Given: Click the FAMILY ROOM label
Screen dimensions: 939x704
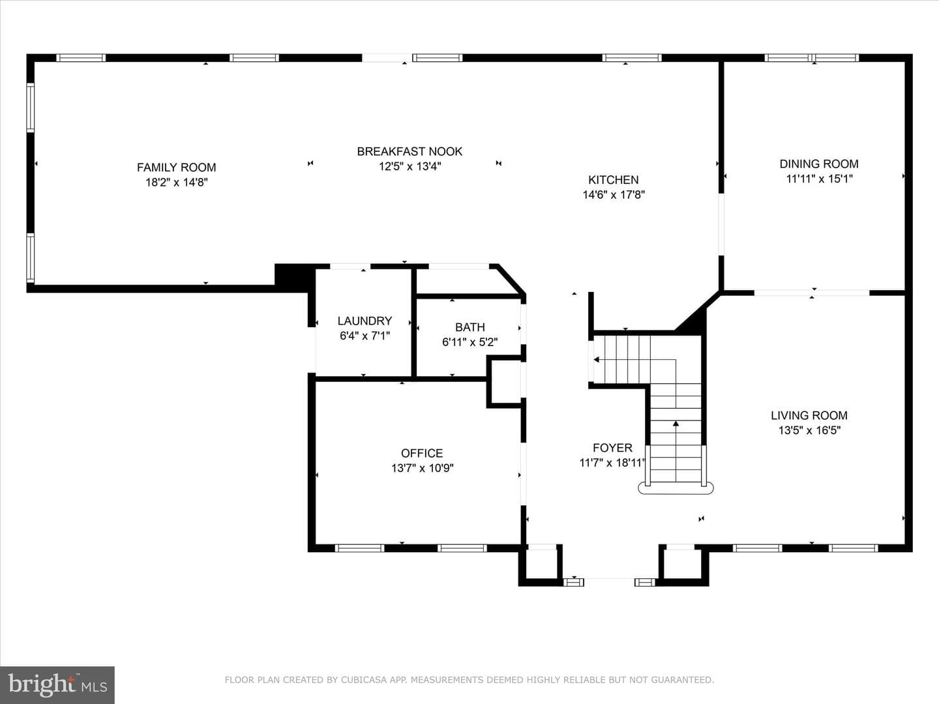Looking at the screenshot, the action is tap(176, 167).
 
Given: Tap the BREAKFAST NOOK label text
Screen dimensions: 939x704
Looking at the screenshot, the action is tap(410, 151).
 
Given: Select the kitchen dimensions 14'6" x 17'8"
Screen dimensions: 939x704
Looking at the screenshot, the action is tap(614, 195).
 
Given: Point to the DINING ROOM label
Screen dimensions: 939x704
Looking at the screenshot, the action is tap(819, 164).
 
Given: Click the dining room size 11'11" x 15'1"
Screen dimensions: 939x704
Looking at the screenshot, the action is tap(819, 179).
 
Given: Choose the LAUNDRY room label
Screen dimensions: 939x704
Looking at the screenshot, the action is tap(365, 321).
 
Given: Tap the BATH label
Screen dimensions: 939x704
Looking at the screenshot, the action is tap(469, 327).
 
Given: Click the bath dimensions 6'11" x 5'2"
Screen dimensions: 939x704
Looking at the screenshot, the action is tap(469, 342).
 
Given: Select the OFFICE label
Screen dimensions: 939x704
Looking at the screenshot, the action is tap(422, 453).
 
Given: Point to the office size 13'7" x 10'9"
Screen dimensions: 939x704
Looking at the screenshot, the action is tap(422, 468).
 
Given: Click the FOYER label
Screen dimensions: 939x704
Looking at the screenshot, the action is tap(612, 448).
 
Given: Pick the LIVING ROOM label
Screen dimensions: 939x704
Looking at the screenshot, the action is tap(809, 415).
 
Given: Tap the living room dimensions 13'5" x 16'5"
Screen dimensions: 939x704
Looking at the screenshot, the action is tap(809, 430).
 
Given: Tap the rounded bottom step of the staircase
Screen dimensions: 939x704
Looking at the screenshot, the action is tap(676, 489).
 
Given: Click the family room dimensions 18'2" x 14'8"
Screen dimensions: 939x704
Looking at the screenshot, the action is tap(176, 183).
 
